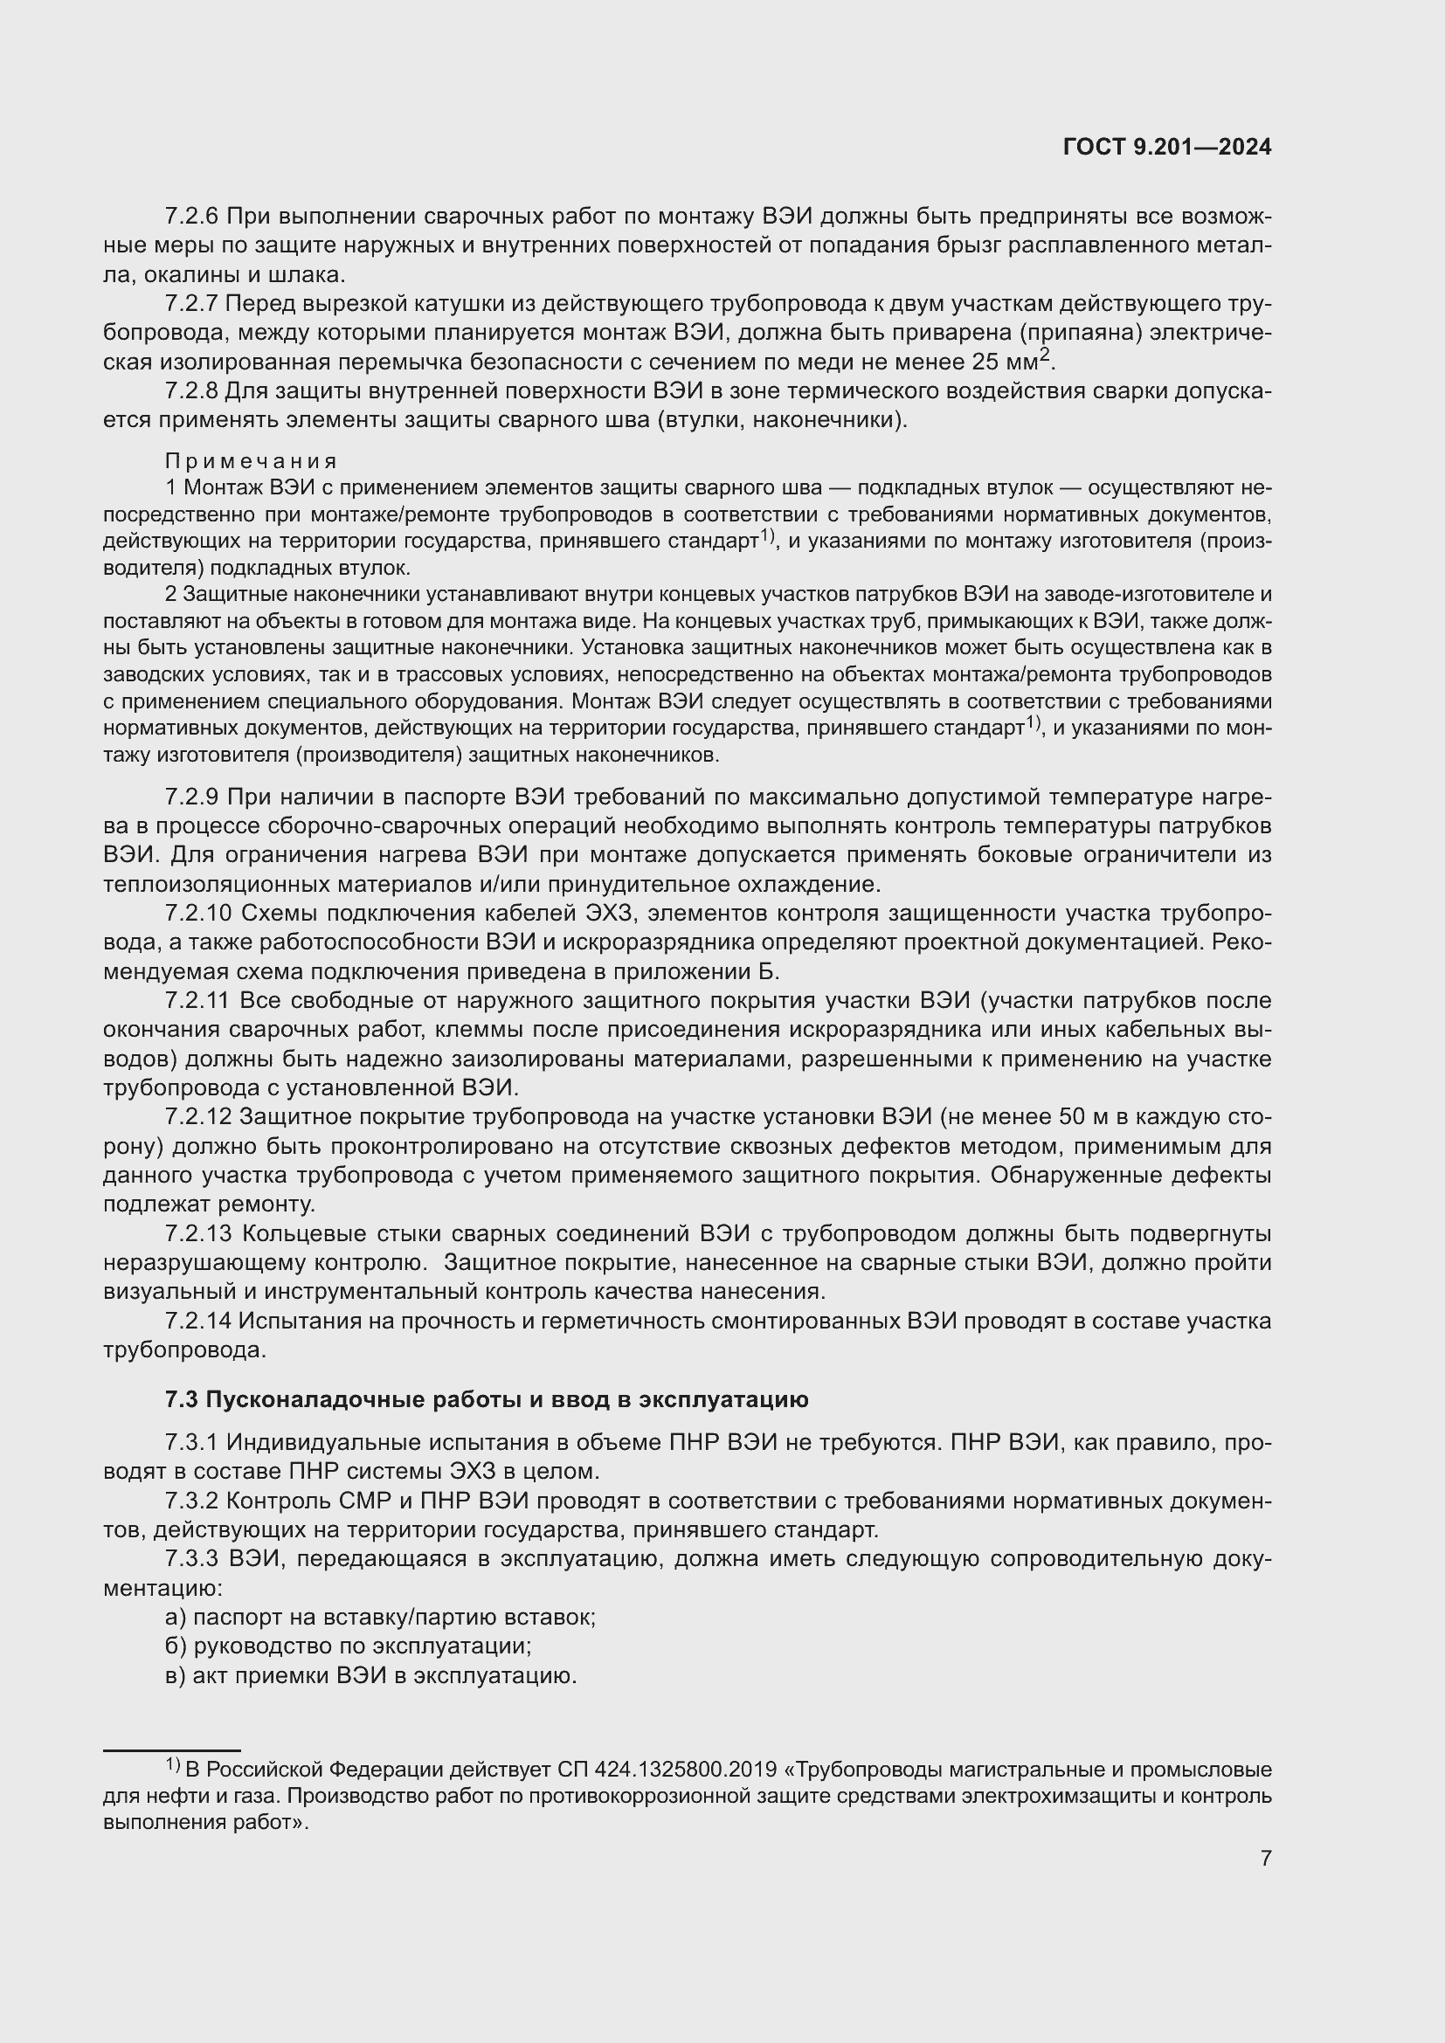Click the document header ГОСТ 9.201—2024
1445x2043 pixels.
point(1166,148)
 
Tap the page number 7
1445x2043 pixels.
point(1265,1858)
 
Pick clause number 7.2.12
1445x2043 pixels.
point(198,1117)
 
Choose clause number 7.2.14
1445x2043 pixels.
point(198,1322)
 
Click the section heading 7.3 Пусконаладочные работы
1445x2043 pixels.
point(487,1399)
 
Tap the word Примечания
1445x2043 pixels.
point(251,461)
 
